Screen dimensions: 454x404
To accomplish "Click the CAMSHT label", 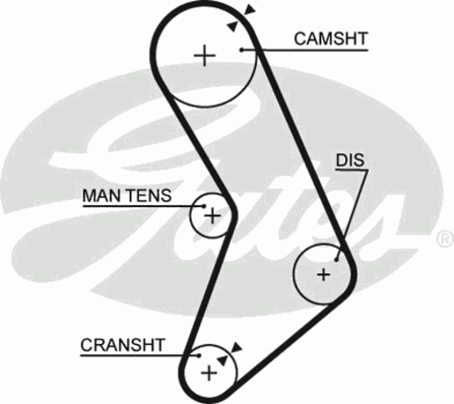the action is (x=331, y=39).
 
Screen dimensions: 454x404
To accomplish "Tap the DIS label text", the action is (x=350, y=160).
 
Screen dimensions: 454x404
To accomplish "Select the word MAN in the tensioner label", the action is (x=97, y=195).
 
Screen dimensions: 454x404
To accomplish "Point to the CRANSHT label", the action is (x=123, y=345).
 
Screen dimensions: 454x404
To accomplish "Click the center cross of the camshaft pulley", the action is (x=205, y=55).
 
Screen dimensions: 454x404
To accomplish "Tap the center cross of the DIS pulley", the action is (x=323, y=275).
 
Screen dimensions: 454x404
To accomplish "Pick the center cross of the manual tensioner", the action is (x=212, y=216).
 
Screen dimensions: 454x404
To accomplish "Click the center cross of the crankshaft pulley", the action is (x=209, y=372).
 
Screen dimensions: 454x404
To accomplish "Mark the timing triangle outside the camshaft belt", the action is (x=250, y=10).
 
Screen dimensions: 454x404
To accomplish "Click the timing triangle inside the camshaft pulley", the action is (x=232, y=26).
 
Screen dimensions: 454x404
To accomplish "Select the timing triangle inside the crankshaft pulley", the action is (x=222, y=360).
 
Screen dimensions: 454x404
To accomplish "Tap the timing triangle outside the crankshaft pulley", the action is (x=236, y=348).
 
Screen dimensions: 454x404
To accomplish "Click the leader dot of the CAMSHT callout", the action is (x=242, y=50).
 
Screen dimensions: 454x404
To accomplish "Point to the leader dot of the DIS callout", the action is (x=336, y=260).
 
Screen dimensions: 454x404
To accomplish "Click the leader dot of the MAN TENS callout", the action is (x=203, y=206).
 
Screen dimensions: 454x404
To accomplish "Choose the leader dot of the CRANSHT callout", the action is (x=199, y=355).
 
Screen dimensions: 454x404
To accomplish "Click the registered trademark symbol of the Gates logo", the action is (x=445, y=239).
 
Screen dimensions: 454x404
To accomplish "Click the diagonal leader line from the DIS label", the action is (x=352, y=215).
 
